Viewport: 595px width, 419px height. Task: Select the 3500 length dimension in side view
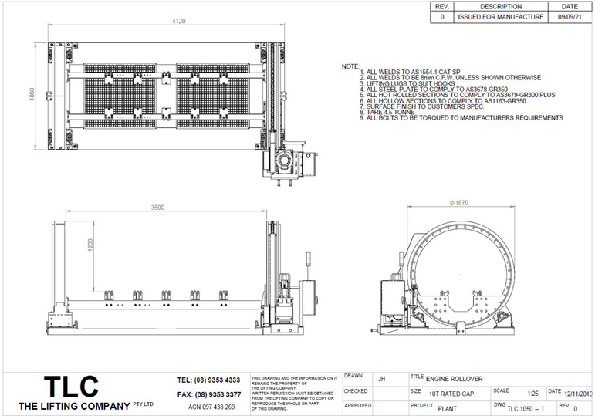pyautogui.click(x=157, y=208)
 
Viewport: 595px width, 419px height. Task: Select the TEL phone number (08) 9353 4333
pyautogui.click(x=208, y=380)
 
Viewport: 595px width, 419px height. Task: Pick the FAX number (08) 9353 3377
pyautogui.click(x=208, y=394)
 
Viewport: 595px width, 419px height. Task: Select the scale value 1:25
pyautogui.click(x=532, y=393)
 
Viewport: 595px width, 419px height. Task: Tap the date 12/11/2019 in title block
pyautogui.click(x=579, y=393)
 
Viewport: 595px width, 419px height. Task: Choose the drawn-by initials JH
pyautogui.click(x=381, y=379)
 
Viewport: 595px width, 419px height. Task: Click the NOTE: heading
pyautogui.click(x=350, y=67)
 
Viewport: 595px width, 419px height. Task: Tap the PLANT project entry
pyautogui.click(x=448, y=407)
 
